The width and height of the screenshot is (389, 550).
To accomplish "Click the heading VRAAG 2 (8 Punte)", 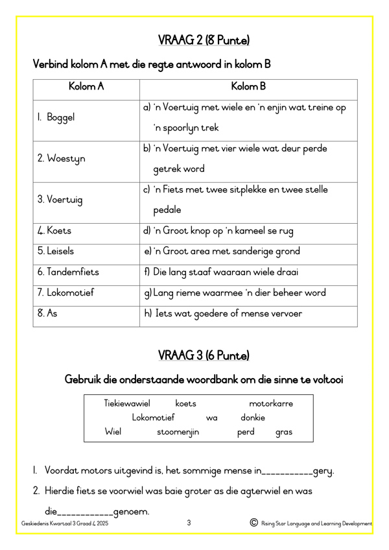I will pos(204,40).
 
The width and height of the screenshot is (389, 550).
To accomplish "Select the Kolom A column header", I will pos(86,86).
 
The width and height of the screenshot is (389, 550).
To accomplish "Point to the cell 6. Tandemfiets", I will pos(68,272).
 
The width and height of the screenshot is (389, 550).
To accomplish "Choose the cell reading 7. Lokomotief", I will pos(66,293).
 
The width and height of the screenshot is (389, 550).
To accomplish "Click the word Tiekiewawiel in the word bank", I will pos(127,403).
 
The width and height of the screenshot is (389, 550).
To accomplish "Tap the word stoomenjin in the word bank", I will pos(178,431).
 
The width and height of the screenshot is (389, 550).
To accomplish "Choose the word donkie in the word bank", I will pos(252,417).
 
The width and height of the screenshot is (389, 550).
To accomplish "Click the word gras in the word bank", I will pos(283,431).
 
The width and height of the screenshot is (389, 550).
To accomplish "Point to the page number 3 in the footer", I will pos(189,522).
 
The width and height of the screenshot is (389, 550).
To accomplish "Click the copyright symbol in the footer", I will pos(253,523).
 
